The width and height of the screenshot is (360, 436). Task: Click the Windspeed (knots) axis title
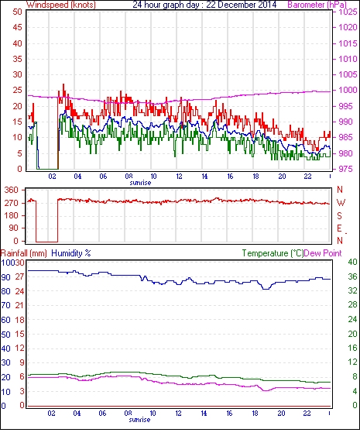tap(61, 5)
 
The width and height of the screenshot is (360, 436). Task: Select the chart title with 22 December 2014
tap(204, 5)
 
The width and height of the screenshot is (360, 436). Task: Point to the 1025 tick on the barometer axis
tap(348, 12)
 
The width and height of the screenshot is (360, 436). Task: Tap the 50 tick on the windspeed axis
tap(17, 12)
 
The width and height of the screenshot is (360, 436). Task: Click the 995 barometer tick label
tap(348, 106)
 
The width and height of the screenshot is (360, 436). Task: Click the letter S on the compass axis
tap(339, 215)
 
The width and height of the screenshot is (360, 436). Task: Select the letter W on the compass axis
tap(341, 203)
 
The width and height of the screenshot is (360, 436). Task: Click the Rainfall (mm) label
tap(24, 253)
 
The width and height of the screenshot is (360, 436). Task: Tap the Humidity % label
tap(71, 253)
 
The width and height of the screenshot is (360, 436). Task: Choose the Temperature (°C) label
tap(273, 253)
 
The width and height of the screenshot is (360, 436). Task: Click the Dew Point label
tap(323, 253)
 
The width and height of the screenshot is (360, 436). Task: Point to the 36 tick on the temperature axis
tap(352, 276)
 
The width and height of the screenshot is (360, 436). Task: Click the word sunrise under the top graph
tap(140, 183)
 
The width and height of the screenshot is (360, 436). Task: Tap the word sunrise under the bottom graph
tap(139, 420)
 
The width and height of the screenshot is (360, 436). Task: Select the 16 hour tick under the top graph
tap(230, 177)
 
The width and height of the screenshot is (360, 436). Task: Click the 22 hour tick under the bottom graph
tap(307, 414)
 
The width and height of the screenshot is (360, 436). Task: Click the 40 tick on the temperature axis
tap(352, 262)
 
